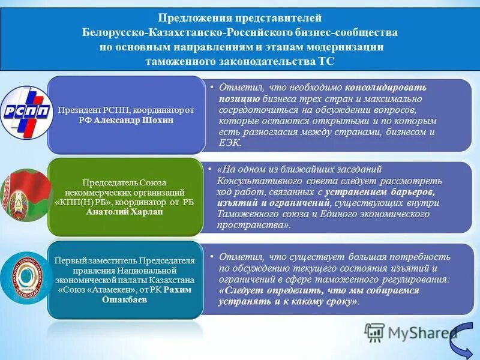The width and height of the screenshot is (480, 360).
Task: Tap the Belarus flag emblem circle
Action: click(x=24, y=196)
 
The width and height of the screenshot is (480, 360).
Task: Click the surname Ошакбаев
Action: click(x=125, y=299)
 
